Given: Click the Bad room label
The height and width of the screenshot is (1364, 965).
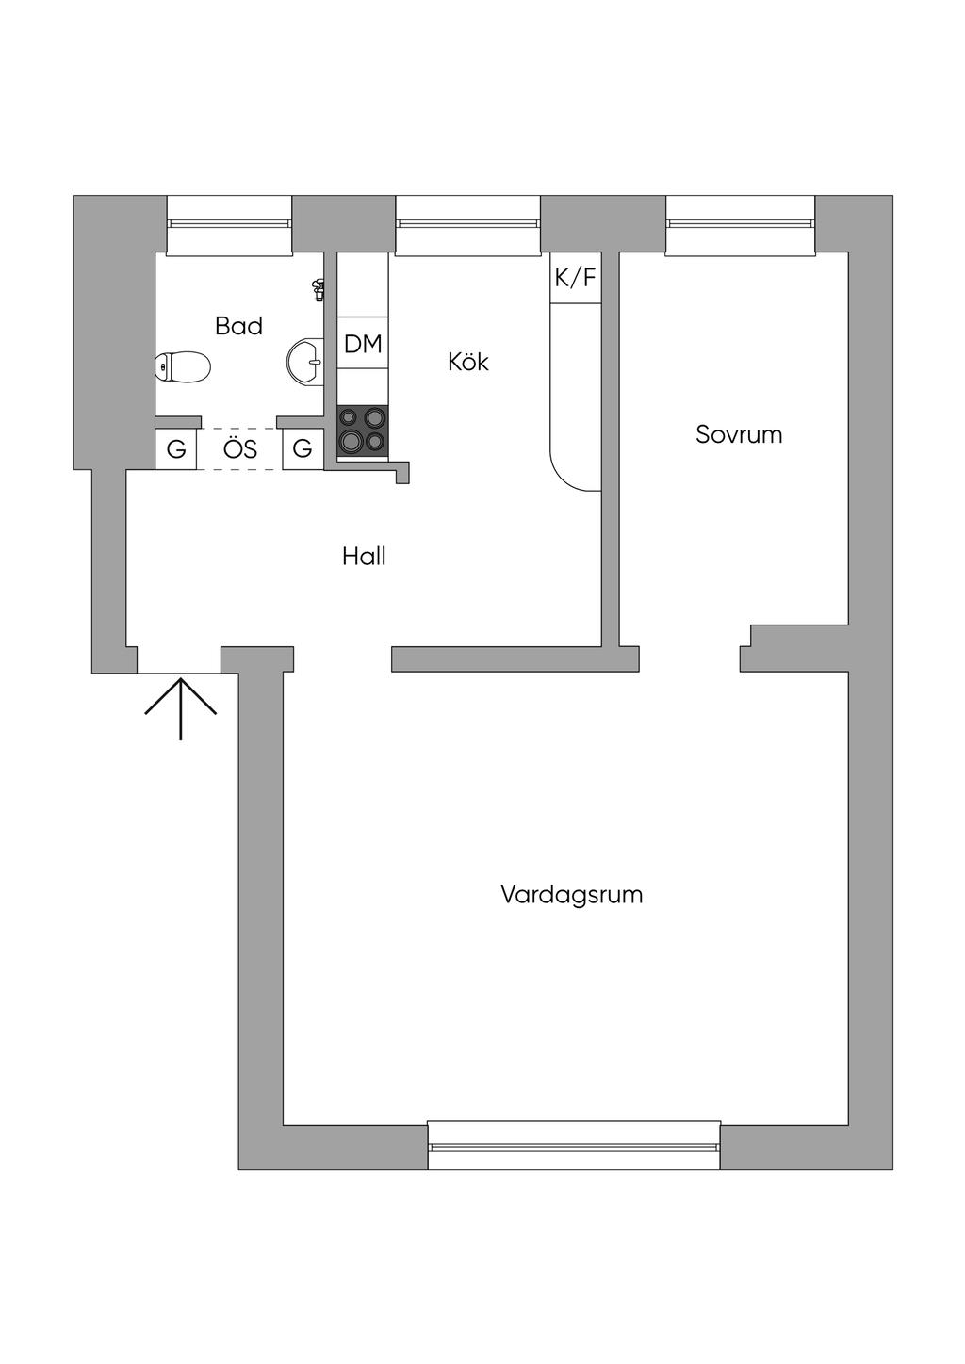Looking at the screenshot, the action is coord(238,326).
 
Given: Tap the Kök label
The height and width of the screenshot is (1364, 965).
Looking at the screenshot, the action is coord(468,362).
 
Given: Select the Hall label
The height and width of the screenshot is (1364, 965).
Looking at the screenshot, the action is coord(364,557).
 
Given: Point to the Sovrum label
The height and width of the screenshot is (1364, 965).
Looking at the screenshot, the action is coord(739,434).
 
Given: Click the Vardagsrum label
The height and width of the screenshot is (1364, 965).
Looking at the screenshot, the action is coord(571,894).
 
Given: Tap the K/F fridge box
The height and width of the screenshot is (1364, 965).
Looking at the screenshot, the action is coord(575,278).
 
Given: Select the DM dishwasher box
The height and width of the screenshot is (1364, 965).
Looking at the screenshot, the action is coord(363,344).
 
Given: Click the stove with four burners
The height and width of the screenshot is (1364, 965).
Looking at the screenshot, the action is coord(363,430).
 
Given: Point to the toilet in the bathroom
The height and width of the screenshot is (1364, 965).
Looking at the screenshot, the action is coord(183,366).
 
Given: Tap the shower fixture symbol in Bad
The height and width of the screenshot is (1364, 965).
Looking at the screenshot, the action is coord(319,289).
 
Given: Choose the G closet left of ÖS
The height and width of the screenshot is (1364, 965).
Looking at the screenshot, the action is coord(176,449).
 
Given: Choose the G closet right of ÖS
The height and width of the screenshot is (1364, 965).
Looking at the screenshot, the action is coord(303,449).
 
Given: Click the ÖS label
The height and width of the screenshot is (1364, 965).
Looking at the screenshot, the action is coord(240,449).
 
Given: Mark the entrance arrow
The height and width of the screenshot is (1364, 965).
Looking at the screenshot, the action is coord(180,706).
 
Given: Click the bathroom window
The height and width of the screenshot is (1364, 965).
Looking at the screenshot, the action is coord(229,224).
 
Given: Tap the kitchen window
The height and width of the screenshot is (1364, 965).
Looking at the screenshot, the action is coord(468,224).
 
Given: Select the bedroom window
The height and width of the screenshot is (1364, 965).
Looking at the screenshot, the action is coord(740,224).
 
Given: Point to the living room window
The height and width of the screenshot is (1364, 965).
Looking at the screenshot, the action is coord(574,1145).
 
